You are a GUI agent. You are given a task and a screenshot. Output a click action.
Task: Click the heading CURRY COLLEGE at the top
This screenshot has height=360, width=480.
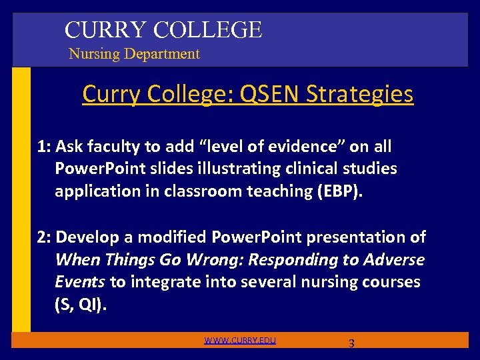163,29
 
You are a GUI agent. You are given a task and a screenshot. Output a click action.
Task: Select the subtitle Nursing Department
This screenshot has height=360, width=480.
134,54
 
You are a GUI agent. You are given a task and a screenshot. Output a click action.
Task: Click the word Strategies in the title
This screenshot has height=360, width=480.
359,94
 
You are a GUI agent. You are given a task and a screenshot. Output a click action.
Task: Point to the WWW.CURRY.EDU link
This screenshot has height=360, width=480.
240,341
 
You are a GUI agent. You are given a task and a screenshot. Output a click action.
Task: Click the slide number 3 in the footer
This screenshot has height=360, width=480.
351,344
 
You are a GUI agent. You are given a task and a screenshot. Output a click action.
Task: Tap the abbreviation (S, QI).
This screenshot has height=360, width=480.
81,305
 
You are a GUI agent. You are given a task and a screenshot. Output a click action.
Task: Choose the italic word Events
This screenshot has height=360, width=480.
81,283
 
